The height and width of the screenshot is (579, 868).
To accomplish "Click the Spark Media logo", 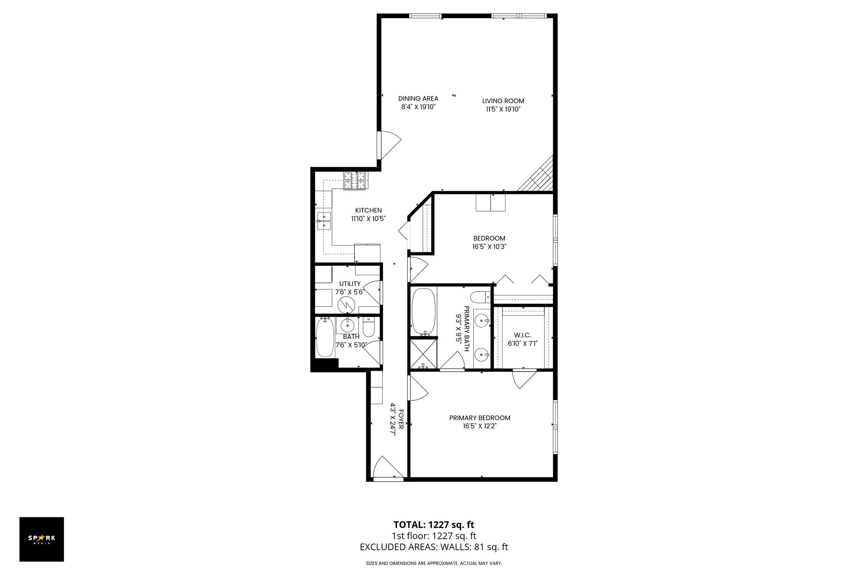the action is pos(42,539).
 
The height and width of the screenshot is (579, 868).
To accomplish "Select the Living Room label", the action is pos(503,101).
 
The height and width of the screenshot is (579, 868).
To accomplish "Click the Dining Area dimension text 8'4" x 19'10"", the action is pos(419,107).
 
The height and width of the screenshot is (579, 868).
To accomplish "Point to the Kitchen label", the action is pos(368,210).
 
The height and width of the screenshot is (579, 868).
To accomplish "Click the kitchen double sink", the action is pos(324,221).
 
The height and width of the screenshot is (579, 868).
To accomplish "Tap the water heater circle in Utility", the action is pos(346,303).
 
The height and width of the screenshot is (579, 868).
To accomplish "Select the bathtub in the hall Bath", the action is pos(325,337).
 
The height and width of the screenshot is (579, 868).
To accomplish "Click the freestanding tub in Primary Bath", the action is pos(423,311).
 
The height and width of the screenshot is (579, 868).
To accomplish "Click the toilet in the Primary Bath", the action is pos(480,297).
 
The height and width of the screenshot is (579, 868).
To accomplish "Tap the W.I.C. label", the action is pos(522,335).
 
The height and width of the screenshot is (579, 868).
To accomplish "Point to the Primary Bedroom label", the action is pos(480,418).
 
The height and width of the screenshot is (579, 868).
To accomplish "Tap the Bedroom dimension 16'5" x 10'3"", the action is pos(489,246).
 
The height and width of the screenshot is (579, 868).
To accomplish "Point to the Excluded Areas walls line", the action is pos(434,547).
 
